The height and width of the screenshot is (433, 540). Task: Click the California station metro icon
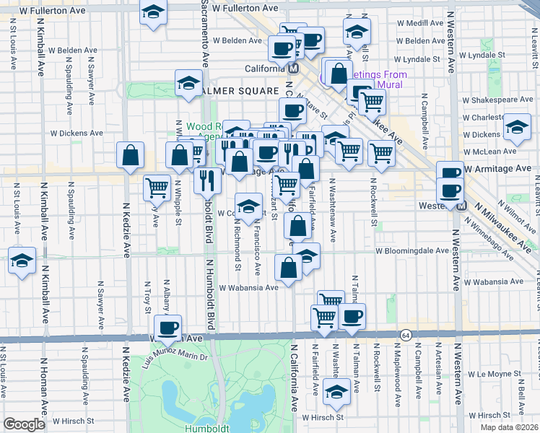(x=293, y=69)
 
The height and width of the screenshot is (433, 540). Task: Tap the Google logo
(x=24, y=424)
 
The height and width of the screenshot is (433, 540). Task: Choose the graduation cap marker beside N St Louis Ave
(x=22, y=260)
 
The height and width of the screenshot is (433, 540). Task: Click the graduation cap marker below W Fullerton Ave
(x=153, y=13)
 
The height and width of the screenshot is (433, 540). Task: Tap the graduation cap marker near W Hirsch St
(x=336, y=392)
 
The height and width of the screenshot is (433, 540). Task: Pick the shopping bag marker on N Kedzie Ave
(x=131, y=154)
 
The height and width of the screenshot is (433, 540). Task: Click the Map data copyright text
(x=508, y=427)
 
